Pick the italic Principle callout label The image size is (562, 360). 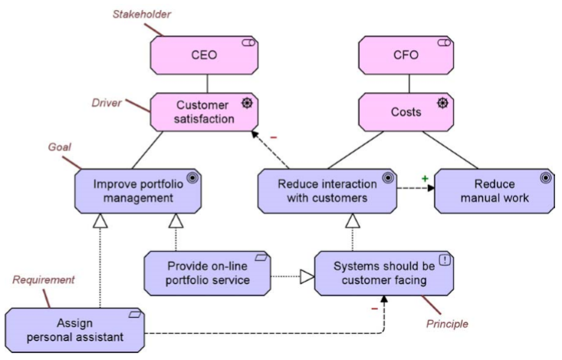point(446,324)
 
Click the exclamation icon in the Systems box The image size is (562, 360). point(445,259)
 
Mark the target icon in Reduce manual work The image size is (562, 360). point(545,177)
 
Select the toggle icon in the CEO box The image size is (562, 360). point(248,44)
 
